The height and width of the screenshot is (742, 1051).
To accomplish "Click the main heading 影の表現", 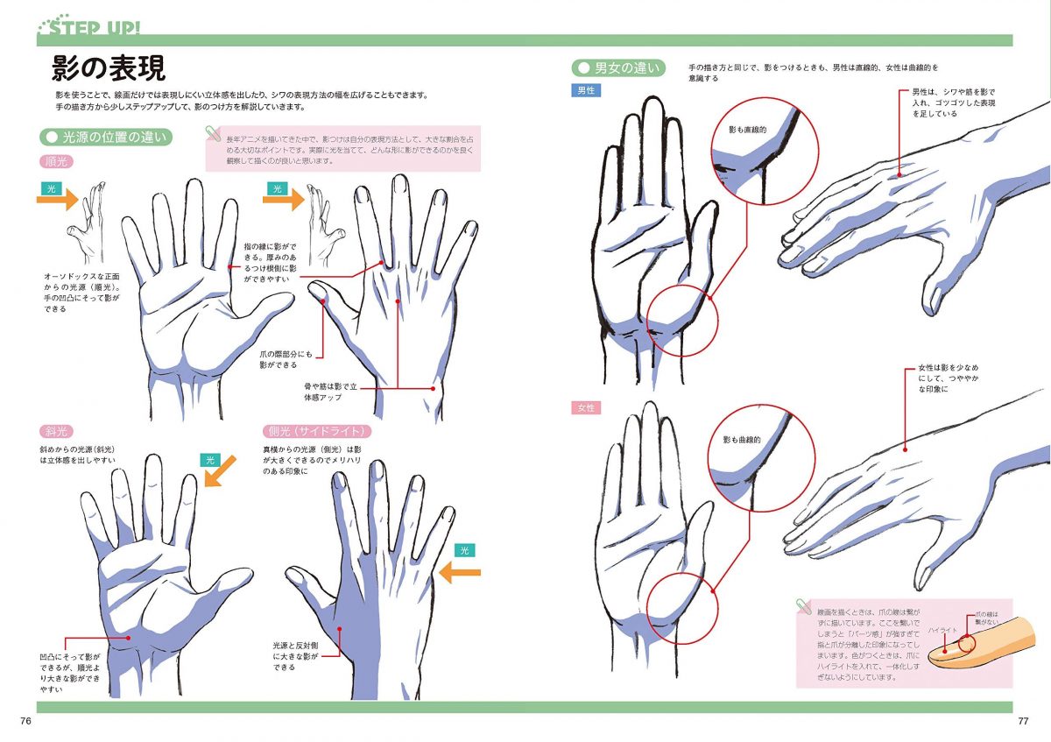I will pos(109,68).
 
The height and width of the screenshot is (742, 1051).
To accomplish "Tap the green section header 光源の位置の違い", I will pos(108,138).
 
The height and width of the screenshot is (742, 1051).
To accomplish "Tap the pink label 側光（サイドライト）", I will pos(316,431).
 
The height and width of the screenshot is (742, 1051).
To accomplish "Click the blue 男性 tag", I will pos(585,90).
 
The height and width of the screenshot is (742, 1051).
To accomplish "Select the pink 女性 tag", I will pos(585,408).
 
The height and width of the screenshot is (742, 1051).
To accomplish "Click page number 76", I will pos(25,720).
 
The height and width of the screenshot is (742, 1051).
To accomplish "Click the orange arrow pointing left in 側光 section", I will pos(459,573).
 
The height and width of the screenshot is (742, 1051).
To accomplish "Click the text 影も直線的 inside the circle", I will pos(747,130).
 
